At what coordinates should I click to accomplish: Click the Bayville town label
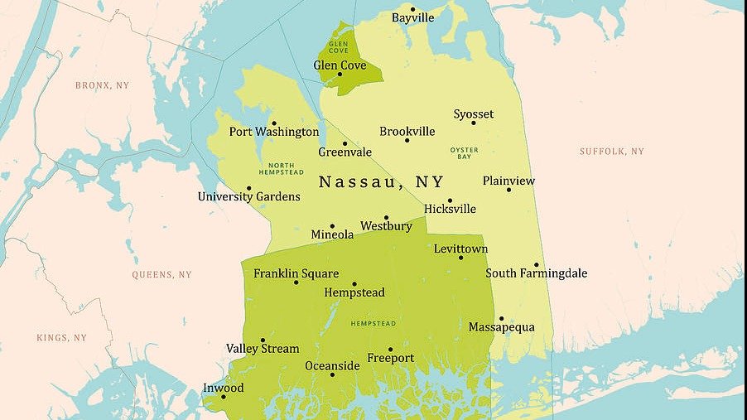coord(412,17)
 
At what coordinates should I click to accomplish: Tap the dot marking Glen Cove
coord(340,74)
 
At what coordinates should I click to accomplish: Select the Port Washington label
coord(273,132)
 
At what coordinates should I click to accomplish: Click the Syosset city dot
coord(474,123)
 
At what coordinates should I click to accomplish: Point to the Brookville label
coord(407,132)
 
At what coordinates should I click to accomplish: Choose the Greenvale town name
coord(345,152)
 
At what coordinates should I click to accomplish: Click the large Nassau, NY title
coord(381,182)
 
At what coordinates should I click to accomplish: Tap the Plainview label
coord(508,181)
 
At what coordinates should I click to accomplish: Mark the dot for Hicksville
coord(450,200)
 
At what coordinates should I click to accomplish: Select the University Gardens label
coord(248,197)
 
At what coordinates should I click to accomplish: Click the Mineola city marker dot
coord(332,225)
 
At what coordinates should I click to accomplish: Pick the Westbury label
coord(386,226)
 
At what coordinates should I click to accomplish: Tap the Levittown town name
coord(460,249)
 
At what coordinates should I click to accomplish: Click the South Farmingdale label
coord(536,273)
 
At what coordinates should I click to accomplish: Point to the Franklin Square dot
coord(296,282)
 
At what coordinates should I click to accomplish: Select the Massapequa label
coord(501,327)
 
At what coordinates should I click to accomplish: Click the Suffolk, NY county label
coord(611,152)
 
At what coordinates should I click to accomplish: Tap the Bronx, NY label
coord(102,85)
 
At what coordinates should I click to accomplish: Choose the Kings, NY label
coord(61,338)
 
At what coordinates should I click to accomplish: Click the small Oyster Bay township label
coord(464,153)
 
